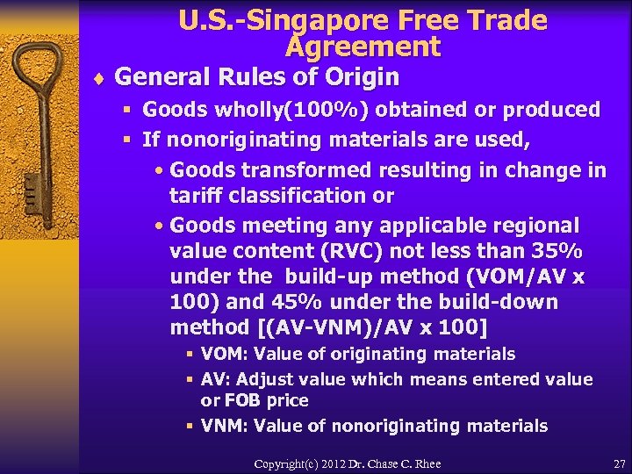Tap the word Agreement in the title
[363, 46]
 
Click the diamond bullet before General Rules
[98, 78]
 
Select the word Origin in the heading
[362, 77]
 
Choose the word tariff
[197, 195]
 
